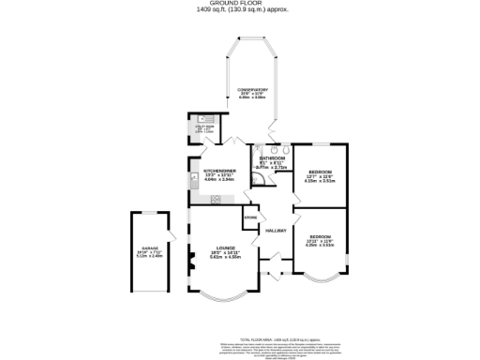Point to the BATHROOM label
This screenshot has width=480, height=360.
click(272, 160)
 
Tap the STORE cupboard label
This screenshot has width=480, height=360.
click(249, 218)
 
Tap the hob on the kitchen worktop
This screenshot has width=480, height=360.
click(216, 198)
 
